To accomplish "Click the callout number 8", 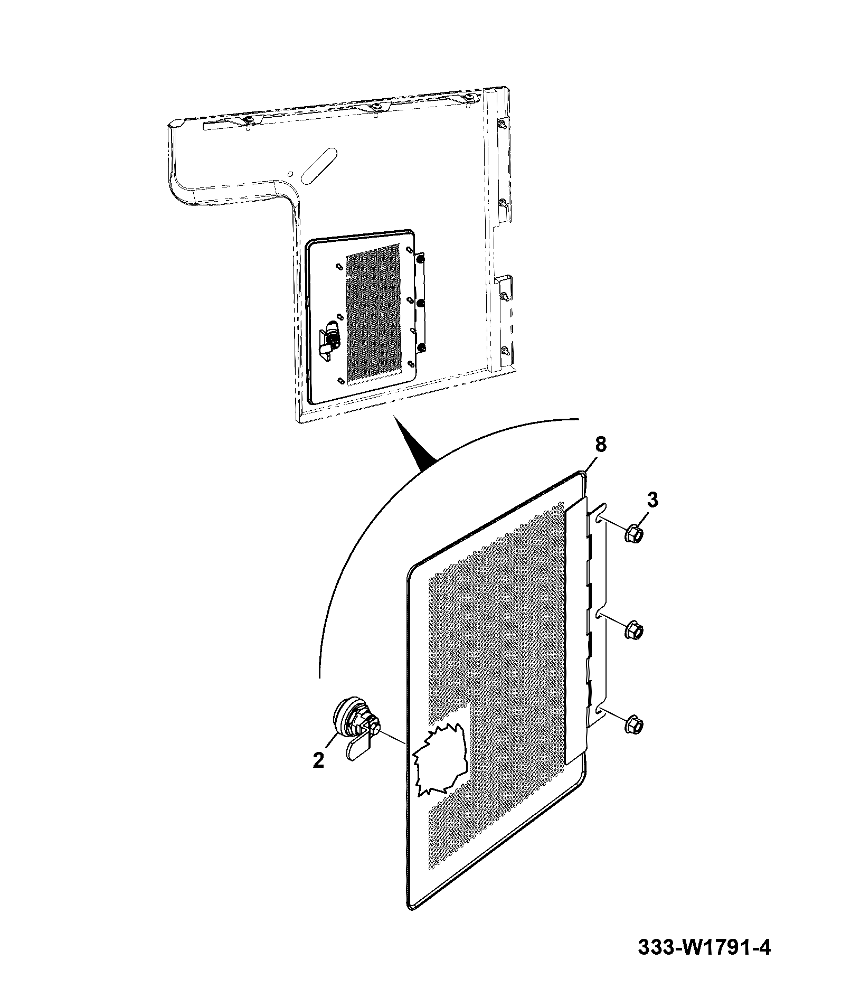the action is (x=601, y=445).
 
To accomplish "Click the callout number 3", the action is (x=652, y=500).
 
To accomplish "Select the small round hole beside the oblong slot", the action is (x=289, y=173).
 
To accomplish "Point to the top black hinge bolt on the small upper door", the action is (x=420, y=260).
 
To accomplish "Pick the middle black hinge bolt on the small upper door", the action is (x=421, y=304).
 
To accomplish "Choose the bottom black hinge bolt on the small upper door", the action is (x=421, y=347).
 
